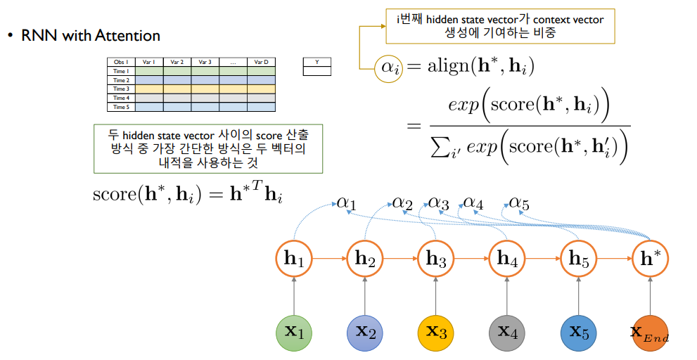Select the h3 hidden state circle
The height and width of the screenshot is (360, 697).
[435, 258]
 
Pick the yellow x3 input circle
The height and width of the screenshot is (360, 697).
[435, 332]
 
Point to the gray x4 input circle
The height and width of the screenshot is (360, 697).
[506, 332]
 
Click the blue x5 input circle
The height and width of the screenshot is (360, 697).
[578, 332]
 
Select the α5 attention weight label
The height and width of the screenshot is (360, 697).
[519, 204]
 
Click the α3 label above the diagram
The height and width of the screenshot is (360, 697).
[438, 204]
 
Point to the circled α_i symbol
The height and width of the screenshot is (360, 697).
[388, 67]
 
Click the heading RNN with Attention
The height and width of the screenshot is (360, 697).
[91, 35]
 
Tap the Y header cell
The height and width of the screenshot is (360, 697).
[316, 62]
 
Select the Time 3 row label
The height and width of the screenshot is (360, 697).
[121, 89]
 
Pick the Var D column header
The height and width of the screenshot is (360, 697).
[261, 62]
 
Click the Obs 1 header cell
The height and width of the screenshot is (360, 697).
[121, 62]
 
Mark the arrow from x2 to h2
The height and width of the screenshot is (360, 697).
[364, 295]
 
